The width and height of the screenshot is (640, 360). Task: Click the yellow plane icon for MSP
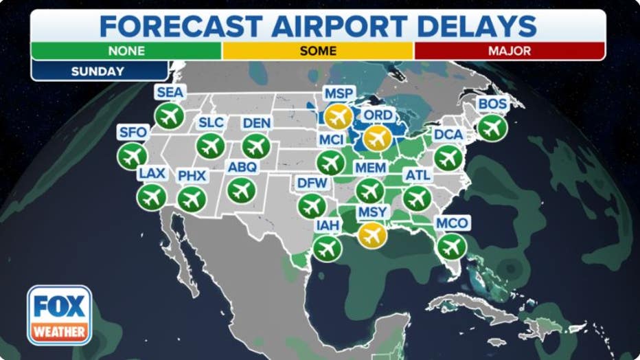tap(338, 117)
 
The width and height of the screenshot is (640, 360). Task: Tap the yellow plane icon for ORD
tap(376, 138)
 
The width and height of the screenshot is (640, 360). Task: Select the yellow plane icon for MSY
tap(372, 235)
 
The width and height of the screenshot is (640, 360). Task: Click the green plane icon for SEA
tap(169, 116)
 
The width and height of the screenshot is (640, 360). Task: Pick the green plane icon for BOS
tap(492, 128)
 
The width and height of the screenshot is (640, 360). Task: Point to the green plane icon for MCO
tap(451, 247)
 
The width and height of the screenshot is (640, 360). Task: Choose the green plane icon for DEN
tap(256, 146)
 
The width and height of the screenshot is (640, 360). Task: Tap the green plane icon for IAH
tap(327, 248)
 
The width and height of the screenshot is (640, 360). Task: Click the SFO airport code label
tap(133, 133)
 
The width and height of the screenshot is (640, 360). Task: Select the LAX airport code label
tap(152, 173)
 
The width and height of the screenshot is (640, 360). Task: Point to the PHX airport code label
tap(192, 176)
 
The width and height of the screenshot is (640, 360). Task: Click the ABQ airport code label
tap(242, 168)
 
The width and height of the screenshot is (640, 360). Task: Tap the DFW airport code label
tap(312, 183)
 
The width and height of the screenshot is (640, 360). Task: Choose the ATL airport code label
tap(418, 176)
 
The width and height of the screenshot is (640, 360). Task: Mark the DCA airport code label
tap(448, 135)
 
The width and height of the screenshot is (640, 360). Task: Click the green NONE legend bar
tap(126, 51)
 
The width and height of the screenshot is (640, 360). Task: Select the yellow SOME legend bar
tap(317, 51)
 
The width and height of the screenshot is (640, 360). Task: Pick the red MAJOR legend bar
tap(508, 51)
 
